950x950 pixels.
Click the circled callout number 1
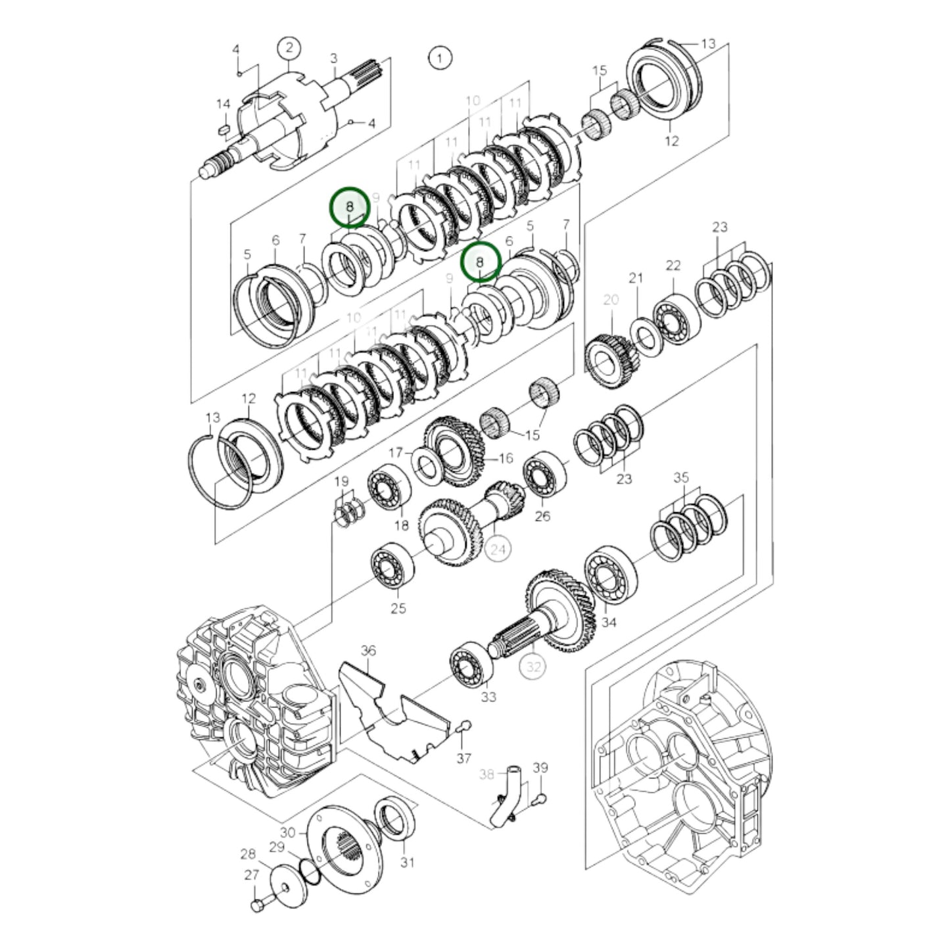[x=440, y=58]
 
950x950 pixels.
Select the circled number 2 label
[x=289, y=47]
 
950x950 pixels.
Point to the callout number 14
[x=223, y=105]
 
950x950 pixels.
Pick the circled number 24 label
[x=498, y=548]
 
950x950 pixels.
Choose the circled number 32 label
[x=533, y=667]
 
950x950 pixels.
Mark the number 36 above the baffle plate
[x=368, y=651]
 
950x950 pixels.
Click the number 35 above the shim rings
[x=681, y=477]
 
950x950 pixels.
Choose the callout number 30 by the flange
[x=288, y=832]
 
